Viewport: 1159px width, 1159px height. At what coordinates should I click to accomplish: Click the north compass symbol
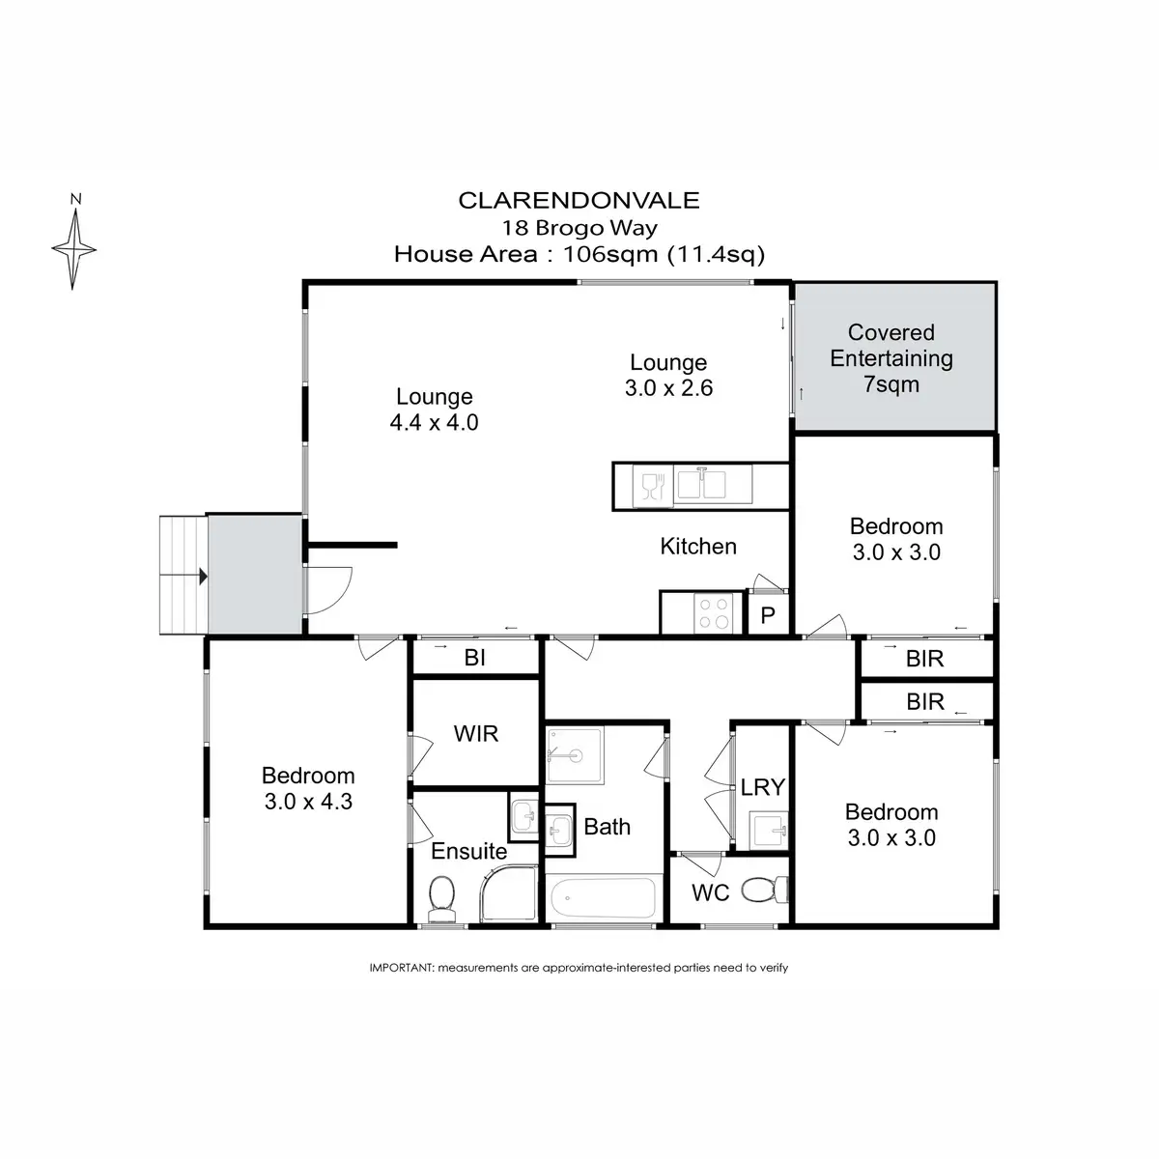[x=73, y=248]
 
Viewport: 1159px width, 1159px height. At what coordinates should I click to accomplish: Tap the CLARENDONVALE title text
[x=579, y=201]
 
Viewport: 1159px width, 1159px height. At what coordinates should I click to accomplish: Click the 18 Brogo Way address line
[x=579, y=228]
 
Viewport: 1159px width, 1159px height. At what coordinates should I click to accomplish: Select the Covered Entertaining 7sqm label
[x=891, y=358]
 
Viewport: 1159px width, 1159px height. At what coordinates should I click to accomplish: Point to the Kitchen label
[x=698, y=547]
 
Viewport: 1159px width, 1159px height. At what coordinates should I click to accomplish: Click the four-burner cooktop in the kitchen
[x=714, y=611]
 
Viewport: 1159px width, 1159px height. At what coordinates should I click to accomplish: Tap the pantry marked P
[x=769, y=615]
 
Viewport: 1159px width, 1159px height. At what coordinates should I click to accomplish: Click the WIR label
[x=476, y=733]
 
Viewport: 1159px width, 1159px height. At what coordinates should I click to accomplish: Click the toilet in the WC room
[x=767, y=889]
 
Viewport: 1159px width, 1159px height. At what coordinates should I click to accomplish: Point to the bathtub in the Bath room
[x=602, y=899]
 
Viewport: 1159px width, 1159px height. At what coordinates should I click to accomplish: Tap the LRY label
[x=762, y=787]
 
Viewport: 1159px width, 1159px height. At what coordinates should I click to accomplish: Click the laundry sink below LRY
[x=769, y=829]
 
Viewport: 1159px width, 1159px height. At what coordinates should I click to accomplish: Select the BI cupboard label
[x=474, y=659]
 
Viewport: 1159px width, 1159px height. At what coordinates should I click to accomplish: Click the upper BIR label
[x=924, y=660]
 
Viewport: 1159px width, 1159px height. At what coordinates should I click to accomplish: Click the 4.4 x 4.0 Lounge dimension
[x=435, y=422]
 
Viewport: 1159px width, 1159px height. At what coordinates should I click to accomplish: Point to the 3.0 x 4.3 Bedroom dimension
[x=308, y=802]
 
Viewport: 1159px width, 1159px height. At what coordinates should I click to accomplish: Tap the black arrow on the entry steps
[x=202, y=577]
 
